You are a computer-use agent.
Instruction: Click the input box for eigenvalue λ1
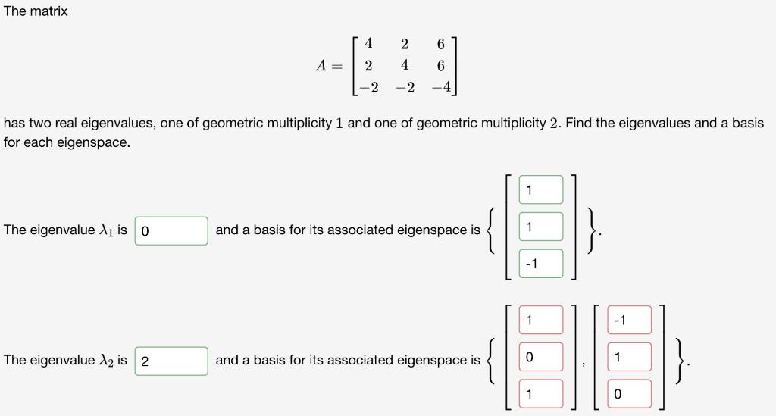point(171,230)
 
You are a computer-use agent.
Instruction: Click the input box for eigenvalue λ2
point(171,361)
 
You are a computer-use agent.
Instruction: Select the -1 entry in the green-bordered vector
point(541,264)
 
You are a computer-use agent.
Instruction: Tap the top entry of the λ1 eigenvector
point(541,189)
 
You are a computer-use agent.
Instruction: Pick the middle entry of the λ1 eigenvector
point(541,227)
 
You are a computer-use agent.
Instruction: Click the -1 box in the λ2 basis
point(629,320)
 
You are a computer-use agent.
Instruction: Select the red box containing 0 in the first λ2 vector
point(541,357)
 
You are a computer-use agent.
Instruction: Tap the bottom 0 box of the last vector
point(629,394)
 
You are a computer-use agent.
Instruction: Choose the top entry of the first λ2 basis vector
point(541,320)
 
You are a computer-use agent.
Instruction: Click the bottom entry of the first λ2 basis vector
point(541,394)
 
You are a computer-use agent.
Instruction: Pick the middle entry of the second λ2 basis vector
point(629,357)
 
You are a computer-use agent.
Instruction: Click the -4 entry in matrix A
point(441,87)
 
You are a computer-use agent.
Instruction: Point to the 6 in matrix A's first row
point(441,44)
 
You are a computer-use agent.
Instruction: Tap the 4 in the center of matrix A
point(405,65)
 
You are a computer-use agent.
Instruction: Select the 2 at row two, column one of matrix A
point(368,65)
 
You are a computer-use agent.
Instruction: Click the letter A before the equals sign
point(321,66)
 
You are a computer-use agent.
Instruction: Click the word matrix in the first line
point(48,11)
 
